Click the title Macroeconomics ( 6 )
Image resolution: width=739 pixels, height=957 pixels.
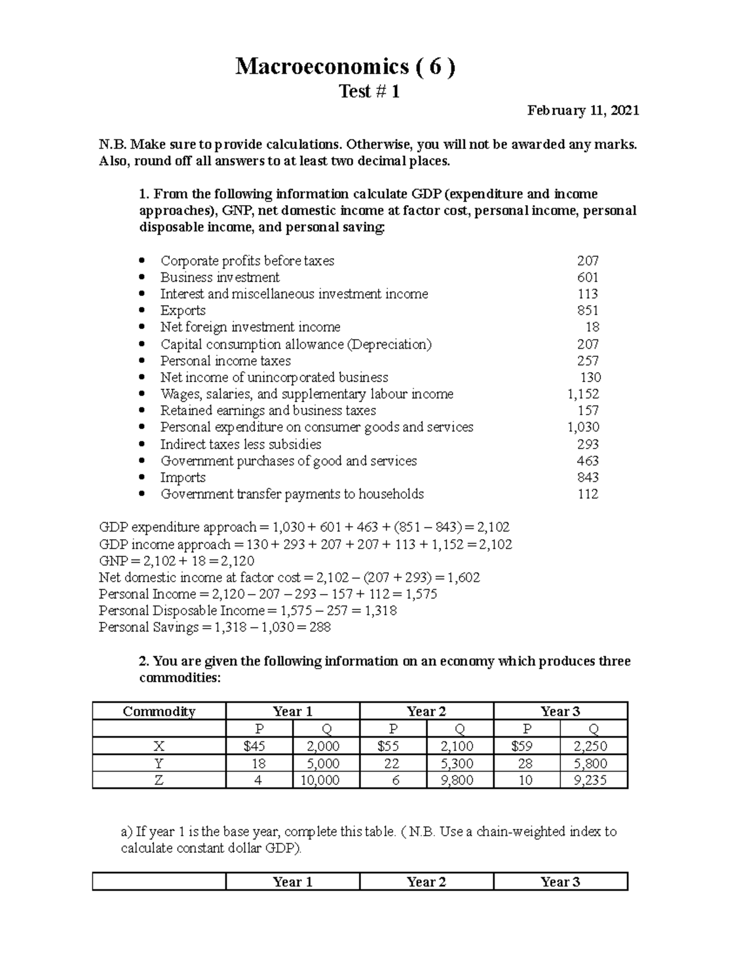345,67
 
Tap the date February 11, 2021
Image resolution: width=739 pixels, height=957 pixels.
583,110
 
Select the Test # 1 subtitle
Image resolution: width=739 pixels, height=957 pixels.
369,92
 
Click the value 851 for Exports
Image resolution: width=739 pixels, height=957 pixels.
588,311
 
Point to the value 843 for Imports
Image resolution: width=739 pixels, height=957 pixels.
588,478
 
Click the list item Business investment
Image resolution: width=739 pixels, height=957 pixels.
220,277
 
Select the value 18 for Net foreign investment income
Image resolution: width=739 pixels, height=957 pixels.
592,327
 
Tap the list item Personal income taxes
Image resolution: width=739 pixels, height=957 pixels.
225,361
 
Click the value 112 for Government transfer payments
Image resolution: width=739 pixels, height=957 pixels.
588,494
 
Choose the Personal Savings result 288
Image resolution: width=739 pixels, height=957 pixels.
320,627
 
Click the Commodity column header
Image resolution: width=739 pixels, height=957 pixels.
159,711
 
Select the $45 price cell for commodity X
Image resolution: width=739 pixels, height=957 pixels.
259,746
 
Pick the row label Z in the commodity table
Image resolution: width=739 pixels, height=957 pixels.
159,780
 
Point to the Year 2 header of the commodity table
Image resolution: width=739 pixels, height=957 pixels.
426,711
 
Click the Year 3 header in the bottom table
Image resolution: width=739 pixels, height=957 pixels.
560,882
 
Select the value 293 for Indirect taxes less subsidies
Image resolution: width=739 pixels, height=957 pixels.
588,444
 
